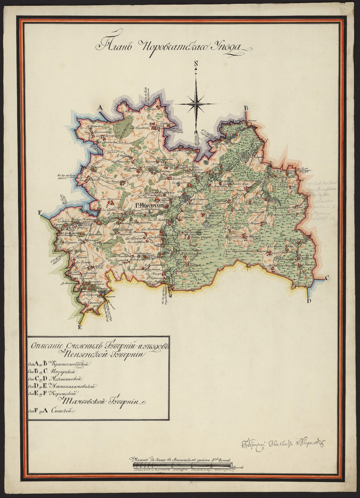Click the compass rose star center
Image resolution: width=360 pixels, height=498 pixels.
[x=195, y=104]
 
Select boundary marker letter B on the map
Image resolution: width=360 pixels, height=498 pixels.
[x=245, y=108]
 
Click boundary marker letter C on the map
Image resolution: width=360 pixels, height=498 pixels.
[x=327, y=278]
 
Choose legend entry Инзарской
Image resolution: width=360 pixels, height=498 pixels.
[x=65, y=371]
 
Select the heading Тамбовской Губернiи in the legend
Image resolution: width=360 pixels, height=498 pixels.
[x=104, y=401]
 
